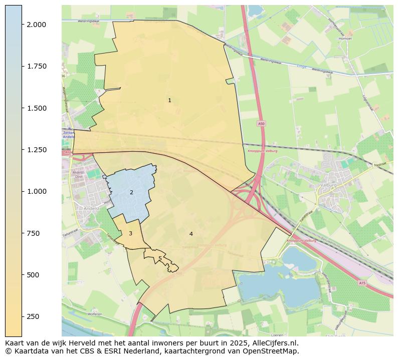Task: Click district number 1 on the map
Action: pos(169,101)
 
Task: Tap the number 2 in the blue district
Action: pos(131,192)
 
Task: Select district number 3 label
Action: pos(130,233)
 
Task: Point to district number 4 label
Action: pos(191,234)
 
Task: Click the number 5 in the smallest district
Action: pos(160,259)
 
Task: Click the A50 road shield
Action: pos(261,123)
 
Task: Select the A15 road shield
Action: pos(362,283)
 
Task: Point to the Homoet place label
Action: pos(345,38)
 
